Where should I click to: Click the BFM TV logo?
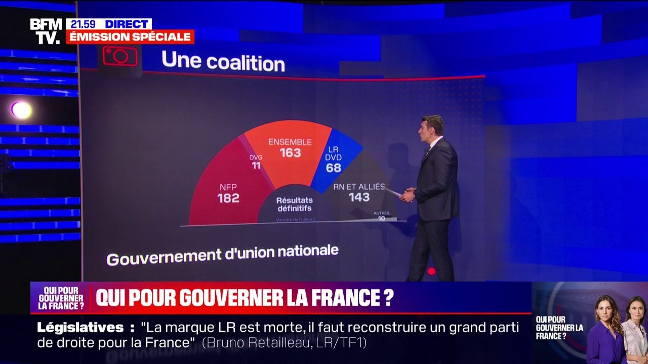pyautogui.click(x=46, y=31)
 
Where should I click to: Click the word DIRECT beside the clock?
pyautogui.click(x=126, y=24)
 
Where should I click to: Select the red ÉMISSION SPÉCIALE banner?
pyautogui.click(x=130, y=37)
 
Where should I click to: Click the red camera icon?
pyautogui.click(x=120, y=56)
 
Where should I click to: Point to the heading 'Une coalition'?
pyautogui.click(x=223, y=62)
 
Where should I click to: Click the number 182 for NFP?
pyautogui.click(x=228, y=199)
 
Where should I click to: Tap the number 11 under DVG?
pyautogui.click(x=256, y=165)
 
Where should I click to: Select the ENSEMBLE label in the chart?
pyautogui.click(x=290, y=142)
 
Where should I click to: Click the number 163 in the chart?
pyautogui.click(x=290, y=153)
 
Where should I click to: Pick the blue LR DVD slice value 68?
pyautogui.click(x=333, y=168)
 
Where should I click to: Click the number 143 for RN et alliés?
pyautogui.click(x=359, y=198)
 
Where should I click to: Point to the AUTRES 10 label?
pyautogui.click(x=382, y=216)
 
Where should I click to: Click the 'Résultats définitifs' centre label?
pyautogui.click(x=294, y=204)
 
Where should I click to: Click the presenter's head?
pyautogui.click(x=432, y=129)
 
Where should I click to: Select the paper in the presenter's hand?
pyautogui.click(x=393, y=192)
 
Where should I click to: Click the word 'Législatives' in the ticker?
pyautogui.click(x=80, y=327)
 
